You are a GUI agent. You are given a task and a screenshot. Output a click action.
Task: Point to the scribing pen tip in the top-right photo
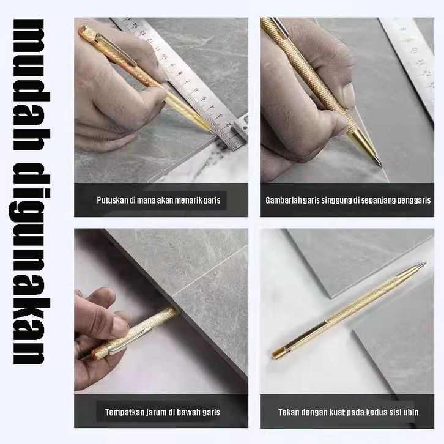click(380, 165)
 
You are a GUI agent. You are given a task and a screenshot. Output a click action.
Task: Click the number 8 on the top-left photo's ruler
click(180, 74)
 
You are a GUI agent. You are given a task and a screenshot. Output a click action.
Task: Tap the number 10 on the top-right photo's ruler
click(413, 50)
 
